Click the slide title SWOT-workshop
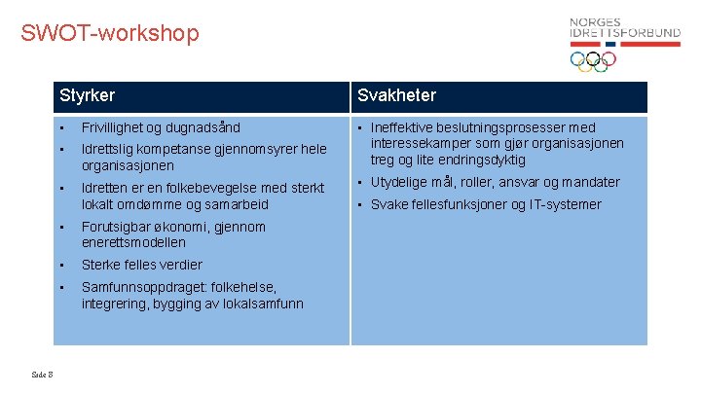[109, 33]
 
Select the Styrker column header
[87, 95]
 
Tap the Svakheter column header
[396, 95]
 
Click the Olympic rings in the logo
[593, 61]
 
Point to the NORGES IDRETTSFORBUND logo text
[624, 28]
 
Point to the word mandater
[590, 182]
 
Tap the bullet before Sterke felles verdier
[60, 265]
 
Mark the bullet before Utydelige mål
[361, 182]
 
